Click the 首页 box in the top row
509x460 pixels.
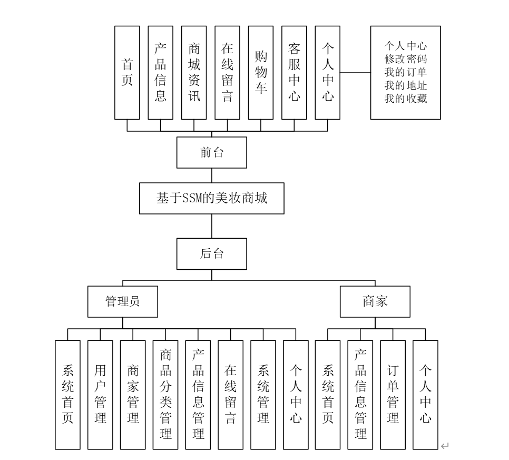(x=127, y=72)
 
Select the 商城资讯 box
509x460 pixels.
(x=194, y=72)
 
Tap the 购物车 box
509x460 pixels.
(x=261, y=72)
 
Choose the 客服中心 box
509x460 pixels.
(x=294, y=72)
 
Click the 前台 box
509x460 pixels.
(x=211, y=153)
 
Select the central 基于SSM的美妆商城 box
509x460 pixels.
(x=211, y=198)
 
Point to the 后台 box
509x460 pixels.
(x=211, y=253)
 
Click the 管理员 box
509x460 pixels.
(x=122, y=301)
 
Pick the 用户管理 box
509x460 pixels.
(x=100, y=395)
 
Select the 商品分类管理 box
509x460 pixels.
(x=165, y=395)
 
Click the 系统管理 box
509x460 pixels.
(x=263, y=395)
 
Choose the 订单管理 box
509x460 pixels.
(x=393, y=395)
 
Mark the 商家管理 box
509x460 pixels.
(x=133, y=395)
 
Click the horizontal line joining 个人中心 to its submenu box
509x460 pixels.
(x=356, y=73)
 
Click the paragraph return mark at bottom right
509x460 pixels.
(x=444, y=447)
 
